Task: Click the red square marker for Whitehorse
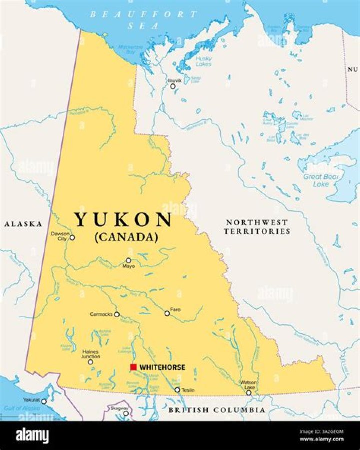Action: pyautogui.click(x=133, y=367)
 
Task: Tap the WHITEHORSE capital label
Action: pyautogui.click(x=162, y=367)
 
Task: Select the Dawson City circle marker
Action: pyautogui.click(x=72, y=238)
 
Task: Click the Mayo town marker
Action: pyautogui.click(x=128, y=260)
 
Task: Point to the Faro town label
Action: pyautogui.click(x=175, y=310)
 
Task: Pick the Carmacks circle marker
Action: pyautogui.click(x=117, y=314)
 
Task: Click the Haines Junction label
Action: pyautogui.click(x=91, y=354)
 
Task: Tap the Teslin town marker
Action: pyautogui.click(x=177, y=390)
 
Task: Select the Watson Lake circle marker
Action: pyautogui.click(x=249, y=393)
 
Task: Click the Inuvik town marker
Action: pyautogui.click(x=173, y=86)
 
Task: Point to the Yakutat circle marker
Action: pyautogui.click(x=44, y=401)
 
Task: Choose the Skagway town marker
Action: pyautogui.click(x=126, y=413)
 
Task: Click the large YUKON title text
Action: pyautogui.click(x=123, y=220)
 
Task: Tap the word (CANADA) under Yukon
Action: pyautogui.click(x=126, y=237)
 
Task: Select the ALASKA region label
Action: pyautogui.click(x=23, y=224)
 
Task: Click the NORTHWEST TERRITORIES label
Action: pyautogui.click(x=257, y=227)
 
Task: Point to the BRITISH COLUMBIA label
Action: pyautogui.click(x=216, y=410)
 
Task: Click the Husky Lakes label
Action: pyautogui.click(x=204, y=61)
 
